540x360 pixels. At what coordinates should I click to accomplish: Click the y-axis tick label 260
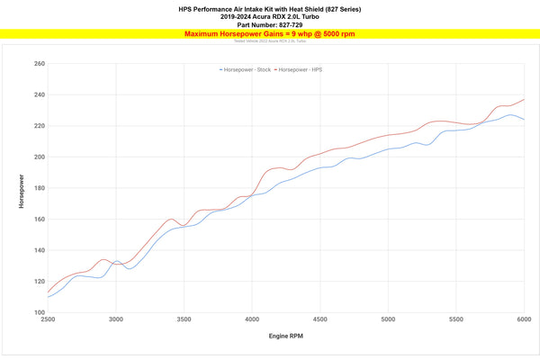point(39,64)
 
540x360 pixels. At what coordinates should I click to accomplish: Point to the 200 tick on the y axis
point(39,157)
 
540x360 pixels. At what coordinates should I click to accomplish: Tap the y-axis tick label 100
point(39,312)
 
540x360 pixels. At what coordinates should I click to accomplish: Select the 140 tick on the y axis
point(39,250)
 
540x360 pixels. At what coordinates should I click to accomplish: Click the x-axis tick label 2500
point(48,319)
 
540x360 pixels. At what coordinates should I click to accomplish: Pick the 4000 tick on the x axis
point(252,319)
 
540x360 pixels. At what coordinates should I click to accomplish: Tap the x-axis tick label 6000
point(524,319)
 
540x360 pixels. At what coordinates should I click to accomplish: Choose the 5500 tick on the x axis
point(456,319)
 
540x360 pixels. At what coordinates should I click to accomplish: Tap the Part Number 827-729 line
point(270,24)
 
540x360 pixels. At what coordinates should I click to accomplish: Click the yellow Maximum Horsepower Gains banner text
point(269,34)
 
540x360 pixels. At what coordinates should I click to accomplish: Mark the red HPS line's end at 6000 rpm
point(524,99)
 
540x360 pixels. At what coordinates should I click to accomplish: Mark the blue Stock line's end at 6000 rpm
point(524,120)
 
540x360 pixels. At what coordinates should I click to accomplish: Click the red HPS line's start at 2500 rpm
point(48,291)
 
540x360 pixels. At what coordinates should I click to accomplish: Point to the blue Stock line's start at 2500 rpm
point(48,297)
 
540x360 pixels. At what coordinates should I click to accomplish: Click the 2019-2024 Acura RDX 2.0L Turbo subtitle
point(270,16)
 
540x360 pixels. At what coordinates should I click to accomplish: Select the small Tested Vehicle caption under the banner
point(269,41)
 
